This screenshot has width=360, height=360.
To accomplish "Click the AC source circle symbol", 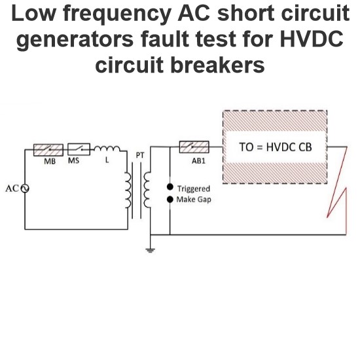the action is [x=25, y=189].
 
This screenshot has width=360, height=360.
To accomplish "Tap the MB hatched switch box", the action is [x=48, y=150].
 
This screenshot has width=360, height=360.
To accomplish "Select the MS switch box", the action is [x=79, y=149].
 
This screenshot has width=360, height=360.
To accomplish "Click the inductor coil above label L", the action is [x=107, y=149].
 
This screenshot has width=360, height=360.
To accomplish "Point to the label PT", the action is [x=140, y=155].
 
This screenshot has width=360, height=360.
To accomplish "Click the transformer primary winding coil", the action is [x=128, y=190].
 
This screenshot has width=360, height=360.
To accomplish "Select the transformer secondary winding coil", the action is [x=147, y=190].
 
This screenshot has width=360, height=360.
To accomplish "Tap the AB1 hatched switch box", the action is [x=194, y=147].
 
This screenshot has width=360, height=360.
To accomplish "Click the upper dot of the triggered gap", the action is [x=170, y=187].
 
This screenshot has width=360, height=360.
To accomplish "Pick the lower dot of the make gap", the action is [x=170, y=200].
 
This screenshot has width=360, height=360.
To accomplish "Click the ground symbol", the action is [x=150, y=250].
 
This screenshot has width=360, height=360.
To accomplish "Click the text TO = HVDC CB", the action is [x=276, y=147].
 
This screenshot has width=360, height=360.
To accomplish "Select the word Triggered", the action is [x=194, y=189].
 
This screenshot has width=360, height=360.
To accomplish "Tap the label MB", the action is [x=50, y=162].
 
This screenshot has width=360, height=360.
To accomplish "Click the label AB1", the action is [x=198, y=161].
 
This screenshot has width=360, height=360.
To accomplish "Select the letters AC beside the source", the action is [x=12, y=189].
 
